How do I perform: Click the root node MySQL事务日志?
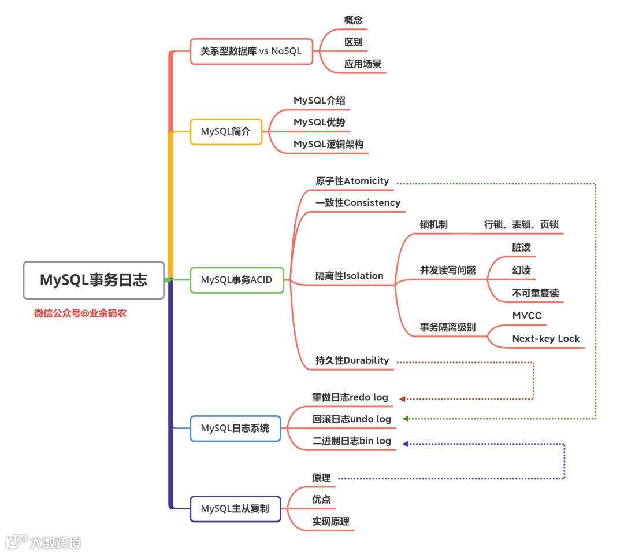[94, 280]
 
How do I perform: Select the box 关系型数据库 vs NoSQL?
[251, 51]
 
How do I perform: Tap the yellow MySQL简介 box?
[226, 131]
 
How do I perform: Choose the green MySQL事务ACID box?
[236, 280]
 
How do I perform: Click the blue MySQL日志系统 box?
[235, 429]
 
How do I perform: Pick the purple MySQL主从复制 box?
[235, 509]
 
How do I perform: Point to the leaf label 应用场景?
[363, 64]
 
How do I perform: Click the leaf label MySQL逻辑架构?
[329, 144]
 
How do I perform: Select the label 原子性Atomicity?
[352, 181]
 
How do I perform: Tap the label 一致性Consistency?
[358, 203]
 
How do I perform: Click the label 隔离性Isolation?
[350, 276]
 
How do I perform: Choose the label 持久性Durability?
[352, 360]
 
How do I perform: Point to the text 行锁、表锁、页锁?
[522, 225]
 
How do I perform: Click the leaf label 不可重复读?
[536, 293]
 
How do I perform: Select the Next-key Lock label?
[546, 339]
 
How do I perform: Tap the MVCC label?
[527, 316]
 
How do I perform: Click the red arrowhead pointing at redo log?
[402, 399]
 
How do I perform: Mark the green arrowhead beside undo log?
[406, 419]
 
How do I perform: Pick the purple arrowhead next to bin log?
[406, 444]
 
